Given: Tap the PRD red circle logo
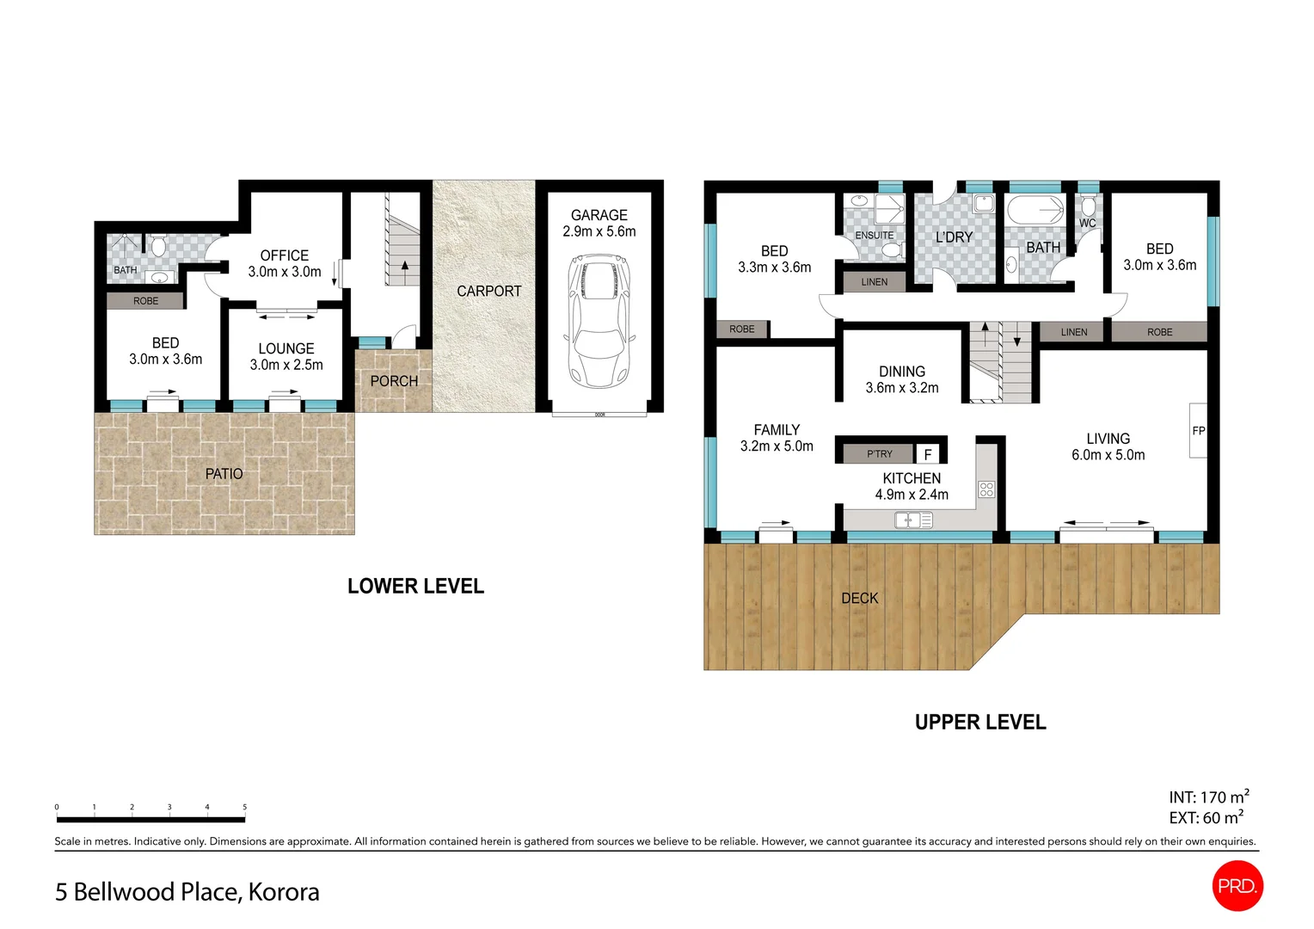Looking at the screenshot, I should (1237, 885).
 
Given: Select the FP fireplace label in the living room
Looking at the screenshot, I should (1198, 431).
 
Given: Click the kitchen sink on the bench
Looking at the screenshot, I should (913, 520).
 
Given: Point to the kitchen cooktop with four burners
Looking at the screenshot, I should (986, 489).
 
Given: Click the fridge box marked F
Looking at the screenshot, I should (927, 454).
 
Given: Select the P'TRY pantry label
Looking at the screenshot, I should (879, 454).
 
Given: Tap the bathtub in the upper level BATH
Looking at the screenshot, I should (1035, 210).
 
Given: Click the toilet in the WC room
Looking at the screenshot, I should (1088, 206).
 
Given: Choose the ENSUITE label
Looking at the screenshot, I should (874, 235).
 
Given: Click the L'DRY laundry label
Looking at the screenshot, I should (954, 237).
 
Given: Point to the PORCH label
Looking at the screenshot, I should (394, 381).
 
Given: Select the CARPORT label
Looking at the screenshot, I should (488, 292).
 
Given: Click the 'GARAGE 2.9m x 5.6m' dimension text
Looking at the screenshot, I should (599, 224).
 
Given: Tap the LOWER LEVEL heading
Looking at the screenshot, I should (415, 586).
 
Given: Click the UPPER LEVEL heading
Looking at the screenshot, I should (980, 723).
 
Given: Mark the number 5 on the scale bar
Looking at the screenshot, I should (244, 807).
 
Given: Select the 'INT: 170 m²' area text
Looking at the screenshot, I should (1208, 797).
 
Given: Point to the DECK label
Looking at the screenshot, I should (859, 598).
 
